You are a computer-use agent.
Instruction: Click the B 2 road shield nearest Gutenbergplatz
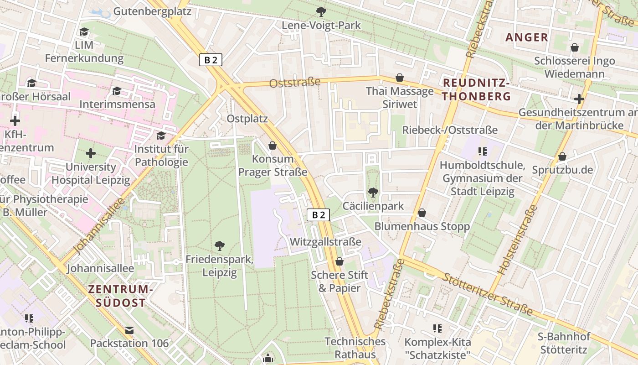click(211, 60)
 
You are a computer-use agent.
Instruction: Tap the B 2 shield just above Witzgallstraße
click(318, 215)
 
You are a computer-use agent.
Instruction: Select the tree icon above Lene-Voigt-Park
click(321, 11)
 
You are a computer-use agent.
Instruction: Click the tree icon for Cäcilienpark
click(373, 193)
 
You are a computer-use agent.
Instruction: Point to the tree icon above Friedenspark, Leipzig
click(219, 246)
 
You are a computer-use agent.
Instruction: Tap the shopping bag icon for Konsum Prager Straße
click(273, 146)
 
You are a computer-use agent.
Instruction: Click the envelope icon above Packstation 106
click(129, 330)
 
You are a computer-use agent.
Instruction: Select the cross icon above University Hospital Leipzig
click(91, 153)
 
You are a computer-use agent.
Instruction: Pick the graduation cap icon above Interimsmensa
click(117, 91)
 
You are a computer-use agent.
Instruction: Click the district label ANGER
click(526, 37)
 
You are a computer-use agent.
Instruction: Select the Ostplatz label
click(247, 119)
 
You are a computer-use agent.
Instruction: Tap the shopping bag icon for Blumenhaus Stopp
click(422, 213)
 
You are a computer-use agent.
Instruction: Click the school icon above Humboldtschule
click(483, 151)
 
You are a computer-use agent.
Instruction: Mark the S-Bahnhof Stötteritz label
click(565, 343)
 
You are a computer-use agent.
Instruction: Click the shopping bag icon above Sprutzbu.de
click(562, 156)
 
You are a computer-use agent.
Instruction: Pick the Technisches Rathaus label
click(355, 348)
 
